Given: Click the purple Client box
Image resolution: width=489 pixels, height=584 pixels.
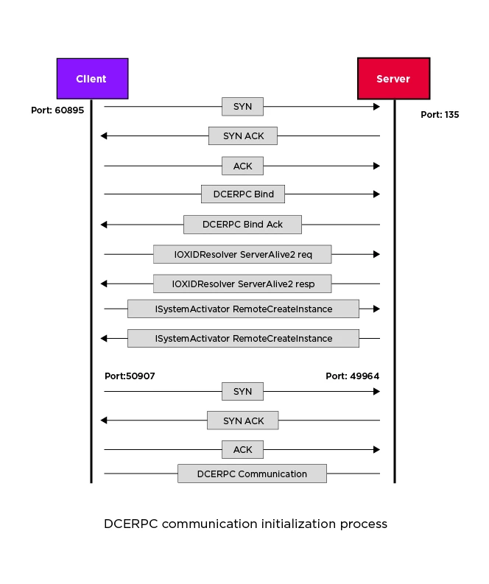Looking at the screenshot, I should [x=92, y=79].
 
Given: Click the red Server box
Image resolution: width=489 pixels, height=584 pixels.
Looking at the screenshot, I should [x=393, y=79].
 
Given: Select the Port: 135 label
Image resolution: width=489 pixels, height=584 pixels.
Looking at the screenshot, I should [x=440, y=115].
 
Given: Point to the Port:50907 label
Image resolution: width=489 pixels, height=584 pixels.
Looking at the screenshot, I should [x=130, y=376].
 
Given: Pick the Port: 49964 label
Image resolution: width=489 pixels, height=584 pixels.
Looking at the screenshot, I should [x=352, y=376].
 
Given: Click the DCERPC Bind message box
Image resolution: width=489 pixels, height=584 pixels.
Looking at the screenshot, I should [x=242, y=194].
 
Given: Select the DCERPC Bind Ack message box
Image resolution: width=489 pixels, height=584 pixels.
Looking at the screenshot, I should [x=242, y=224].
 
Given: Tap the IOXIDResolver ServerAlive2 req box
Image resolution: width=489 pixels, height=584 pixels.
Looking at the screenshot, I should [x=242, y=254].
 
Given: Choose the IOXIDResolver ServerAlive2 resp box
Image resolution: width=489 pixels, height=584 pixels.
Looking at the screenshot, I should [x=242, y=284].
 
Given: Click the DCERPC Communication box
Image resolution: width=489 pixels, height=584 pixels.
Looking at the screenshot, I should [x=252, y=474].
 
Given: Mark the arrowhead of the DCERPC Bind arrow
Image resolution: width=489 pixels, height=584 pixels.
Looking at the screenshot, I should [x=376, y=194].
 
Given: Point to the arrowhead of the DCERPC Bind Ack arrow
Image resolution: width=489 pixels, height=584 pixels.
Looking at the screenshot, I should [x=104, y=224].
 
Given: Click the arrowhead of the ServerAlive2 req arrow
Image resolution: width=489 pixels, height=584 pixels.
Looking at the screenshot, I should [x=376, y=254].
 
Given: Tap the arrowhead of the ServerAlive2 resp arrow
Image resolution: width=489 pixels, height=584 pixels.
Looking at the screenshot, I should [x=104, y=284].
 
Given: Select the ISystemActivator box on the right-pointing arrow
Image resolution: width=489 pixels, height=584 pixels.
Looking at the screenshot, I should [x=243, y=309].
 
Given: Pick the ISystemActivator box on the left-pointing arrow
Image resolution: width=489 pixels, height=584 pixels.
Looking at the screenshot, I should [x=243, y=338].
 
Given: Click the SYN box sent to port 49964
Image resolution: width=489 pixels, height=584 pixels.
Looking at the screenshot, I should [x=242, y=391].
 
